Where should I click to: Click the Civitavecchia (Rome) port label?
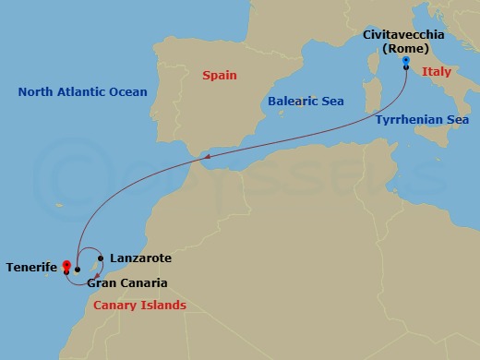pyautogui.click(x=403, y=41)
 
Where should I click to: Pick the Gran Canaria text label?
pyautogui.click(x=127, y=283)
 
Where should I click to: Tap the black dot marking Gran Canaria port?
pyautogui.click(x=78, y=270)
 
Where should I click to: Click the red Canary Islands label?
pyautogui.click(x=139, y=305)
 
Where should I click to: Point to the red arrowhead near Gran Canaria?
pyautogui.click(x=96, y=276)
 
